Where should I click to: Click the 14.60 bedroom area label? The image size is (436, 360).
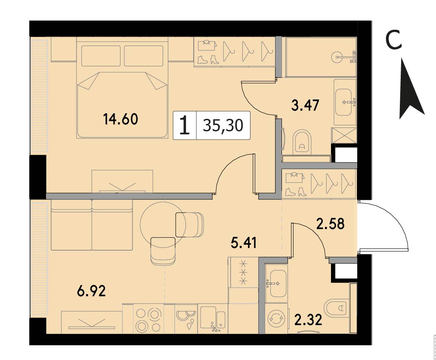click(121, 119)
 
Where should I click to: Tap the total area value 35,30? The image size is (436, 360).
click(223, 125)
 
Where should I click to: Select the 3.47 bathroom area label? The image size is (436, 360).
click(305, 106)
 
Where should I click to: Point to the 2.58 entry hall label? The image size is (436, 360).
click(331, 223)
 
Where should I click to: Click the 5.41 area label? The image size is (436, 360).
click(244, 242)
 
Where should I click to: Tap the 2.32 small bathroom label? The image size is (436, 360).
click(308, 320)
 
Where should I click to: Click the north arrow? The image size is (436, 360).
click(411, 89)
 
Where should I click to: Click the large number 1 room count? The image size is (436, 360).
click(185, 125)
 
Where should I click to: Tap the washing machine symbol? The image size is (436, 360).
click(276, 319)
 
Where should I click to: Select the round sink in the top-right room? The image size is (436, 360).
click(337, 57)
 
